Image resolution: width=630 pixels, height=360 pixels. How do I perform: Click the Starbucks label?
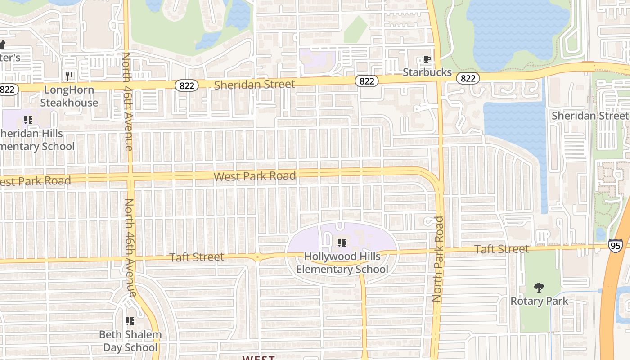click(427, 72)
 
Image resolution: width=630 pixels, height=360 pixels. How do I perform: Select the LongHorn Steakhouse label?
click(69, 96)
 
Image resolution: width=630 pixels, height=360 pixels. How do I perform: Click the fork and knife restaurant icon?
click(69, 76)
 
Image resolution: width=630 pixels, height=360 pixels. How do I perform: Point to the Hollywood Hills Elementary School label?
click(342, 263)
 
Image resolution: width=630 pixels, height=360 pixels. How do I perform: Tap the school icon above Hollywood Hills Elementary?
click(342, 243)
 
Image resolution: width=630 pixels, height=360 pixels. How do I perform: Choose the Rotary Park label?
click(539, 301)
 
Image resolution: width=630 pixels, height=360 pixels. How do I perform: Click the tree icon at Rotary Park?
click(539, 288)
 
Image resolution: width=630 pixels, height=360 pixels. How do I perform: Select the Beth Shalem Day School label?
click(130, 341)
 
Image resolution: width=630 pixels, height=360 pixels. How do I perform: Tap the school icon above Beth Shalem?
click(130, 321)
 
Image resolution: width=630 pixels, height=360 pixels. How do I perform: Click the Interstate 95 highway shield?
click(615, 245)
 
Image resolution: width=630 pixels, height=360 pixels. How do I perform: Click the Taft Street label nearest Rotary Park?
click(502, 249)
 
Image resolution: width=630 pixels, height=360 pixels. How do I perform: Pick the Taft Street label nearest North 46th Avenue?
click(197, 257)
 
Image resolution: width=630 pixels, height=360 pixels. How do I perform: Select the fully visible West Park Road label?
click(255, 176)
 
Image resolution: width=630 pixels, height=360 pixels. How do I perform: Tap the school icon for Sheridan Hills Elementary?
click(28, 120)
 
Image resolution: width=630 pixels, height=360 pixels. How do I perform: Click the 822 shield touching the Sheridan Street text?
click(186, 85)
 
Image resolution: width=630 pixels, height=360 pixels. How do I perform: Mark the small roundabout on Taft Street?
click(257, 257)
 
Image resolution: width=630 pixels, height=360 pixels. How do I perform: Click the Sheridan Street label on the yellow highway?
click(255, 84)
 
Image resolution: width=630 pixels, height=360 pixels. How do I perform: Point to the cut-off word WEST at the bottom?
click(258, 357)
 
